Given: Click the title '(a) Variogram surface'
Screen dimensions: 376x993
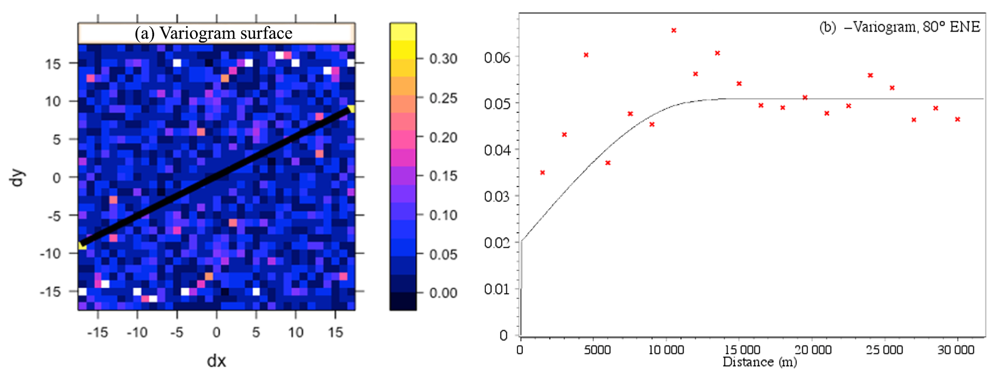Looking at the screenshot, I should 214,33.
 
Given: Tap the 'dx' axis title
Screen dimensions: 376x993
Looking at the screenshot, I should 216,361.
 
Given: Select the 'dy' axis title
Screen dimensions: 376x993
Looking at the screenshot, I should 18,178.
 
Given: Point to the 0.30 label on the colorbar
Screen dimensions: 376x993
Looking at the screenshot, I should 443,59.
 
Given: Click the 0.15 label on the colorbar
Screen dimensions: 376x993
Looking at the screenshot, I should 443,176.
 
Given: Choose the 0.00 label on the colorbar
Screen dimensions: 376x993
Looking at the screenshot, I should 443,293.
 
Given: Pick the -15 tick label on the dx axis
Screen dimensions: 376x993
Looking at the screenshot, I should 98,332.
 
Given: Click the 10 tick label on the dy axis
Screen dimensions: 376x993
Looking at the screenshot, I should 53,101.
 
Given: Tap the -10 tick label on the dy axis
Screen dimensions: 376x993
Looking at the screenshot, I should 50,253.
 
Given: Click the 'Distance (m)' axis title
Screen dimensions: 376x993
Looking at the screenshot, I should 759,362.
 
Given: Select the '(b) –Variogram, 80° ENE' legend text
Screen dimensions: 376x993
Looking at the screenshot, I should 899,27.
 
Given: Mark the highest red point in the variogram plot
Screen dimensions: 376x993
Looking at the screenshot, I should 674,31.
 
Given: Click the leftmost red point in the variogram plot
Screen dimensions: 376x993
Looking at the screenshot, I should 543,173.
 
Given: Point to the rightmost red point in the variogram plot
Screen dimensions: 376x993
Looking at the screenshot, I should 958,119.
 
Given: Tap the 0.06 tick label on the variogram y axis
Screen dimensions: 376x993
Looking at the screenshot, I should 497,57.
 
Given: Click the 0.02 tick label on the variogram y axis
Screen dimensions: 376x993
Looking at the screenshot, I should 497,242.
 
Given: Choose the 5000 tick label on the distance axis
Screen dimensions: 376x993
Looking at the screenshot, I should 597,350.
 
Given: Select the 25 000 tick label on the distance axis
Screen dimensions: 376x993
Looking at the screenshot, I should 884,350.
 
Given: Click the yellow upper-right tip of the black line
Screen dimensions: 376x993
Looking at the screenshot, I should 351,108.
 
